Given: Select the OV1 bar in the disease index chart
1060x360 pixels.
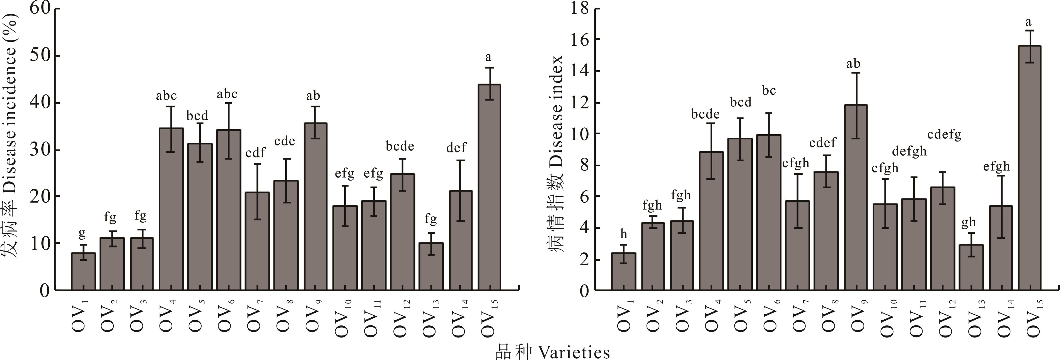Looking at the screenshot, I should click(623, 272).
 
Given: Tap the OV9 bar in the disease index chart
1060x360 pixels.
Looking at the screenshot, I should click(855, 198).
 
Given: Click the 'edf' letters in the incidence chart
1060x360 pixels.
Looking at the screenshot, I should click(256, 153).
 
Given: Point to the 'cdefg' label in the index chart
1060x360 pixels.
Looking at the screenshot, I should click(944, 135).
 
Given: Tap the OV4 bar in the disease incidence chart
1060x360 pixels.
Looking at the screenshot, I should click(171, 209).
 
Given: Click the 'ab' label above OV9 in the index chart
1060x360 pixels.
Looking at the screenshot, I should click(853, 64).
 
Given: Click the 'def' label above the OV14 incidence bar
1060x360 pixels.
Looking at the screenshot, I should click(456, 147).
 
